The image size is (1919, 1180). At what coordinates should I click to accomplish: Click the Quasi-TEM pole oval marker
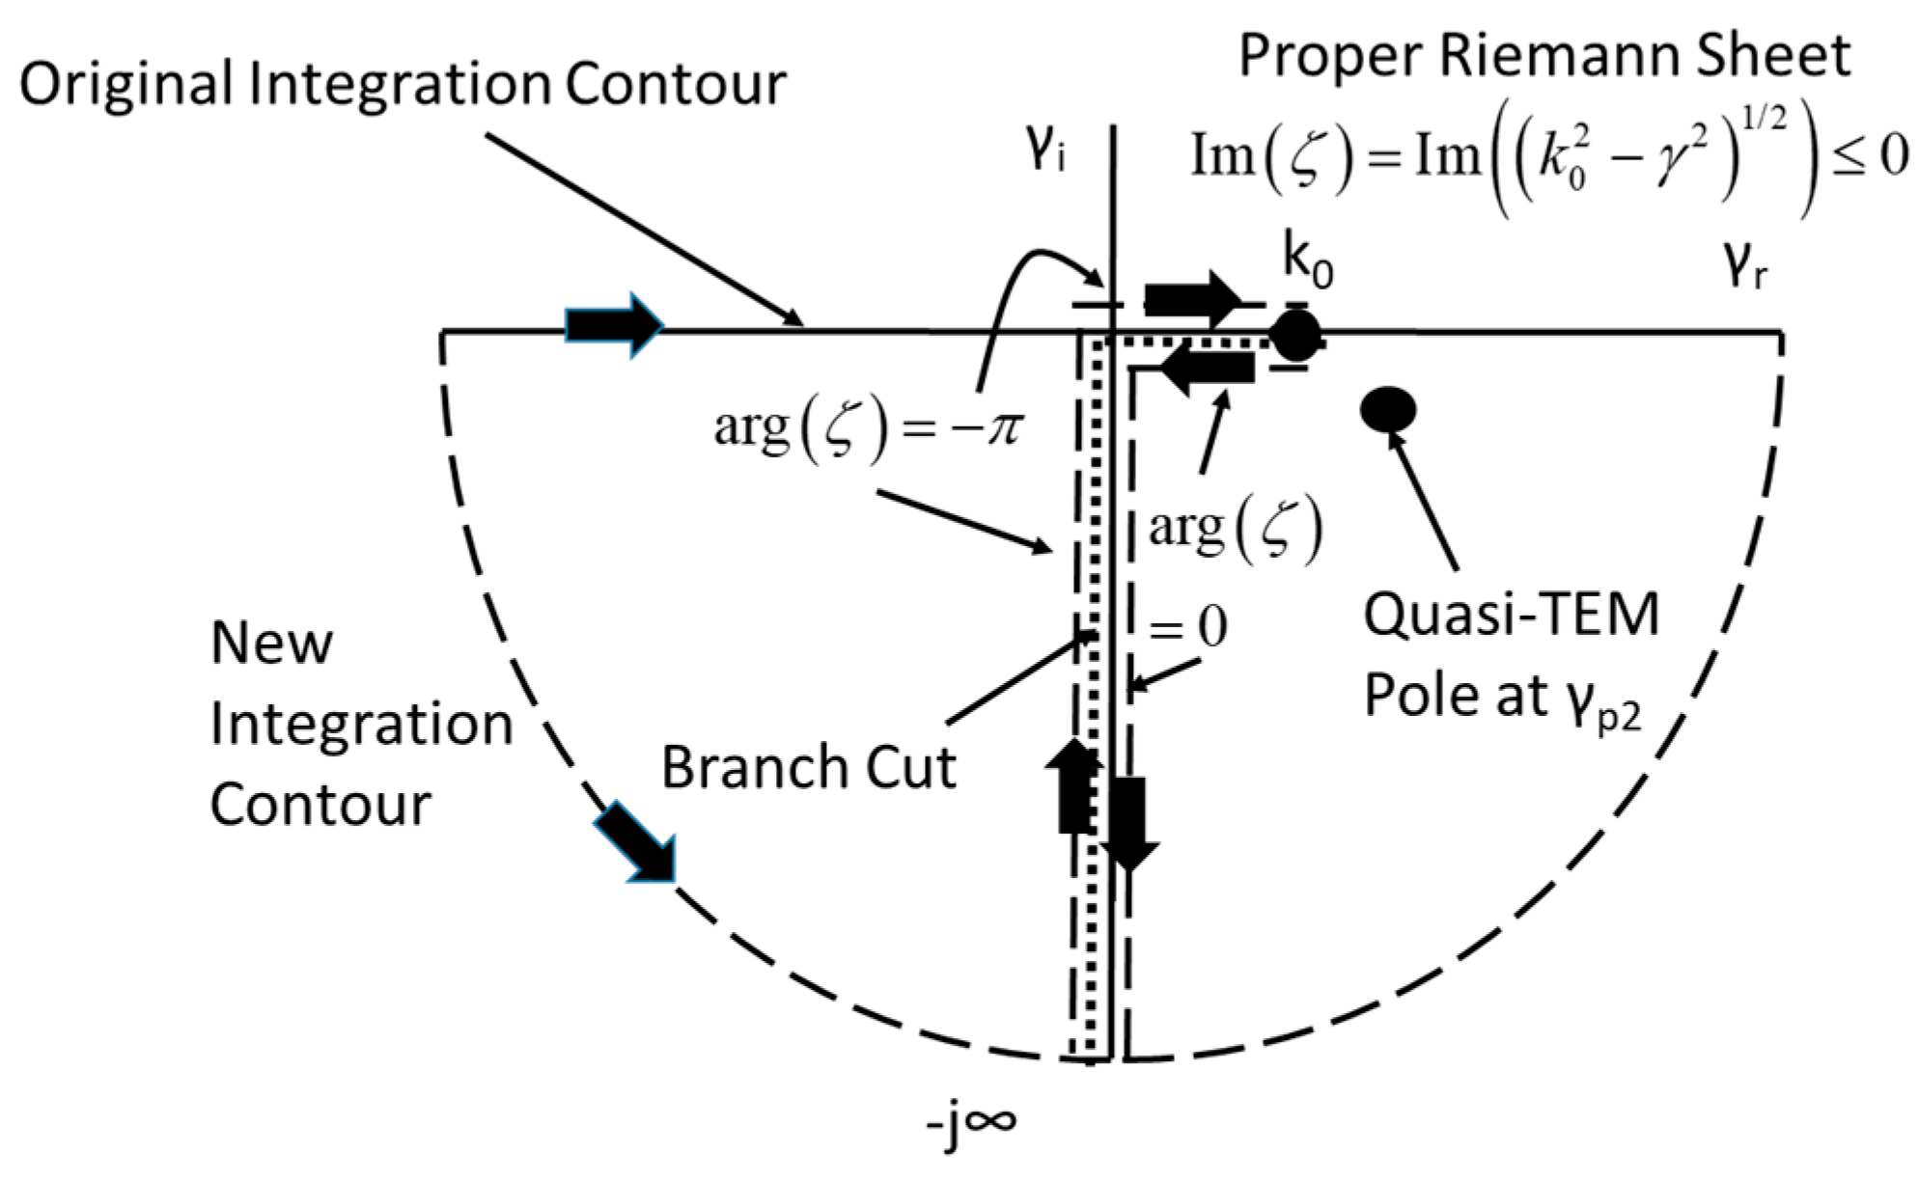click(1388, 409)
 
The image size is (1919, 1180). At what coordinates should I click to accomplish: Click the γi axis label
click(1046, 152)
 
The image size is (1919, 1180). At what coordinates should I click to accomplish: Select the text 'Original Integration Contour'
click(403, 84)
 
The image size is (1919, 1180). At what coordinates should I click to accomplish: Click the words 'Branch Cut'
click(808, 768)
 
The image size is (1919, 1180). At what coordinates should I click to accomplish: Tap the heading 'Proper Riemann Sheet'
click(1544, 55)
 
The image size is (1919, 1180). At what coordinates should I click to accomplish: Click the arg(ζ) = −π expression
click(866, 427)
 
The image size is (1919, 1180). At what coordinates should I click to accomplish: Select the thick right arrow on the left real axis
click(614, 326)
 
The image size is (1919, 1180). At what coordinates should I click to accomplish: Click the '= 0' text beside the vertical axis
click(1187, 627)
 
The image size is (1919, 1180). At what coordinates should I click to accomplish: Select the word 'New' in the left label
click(271, 643)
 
